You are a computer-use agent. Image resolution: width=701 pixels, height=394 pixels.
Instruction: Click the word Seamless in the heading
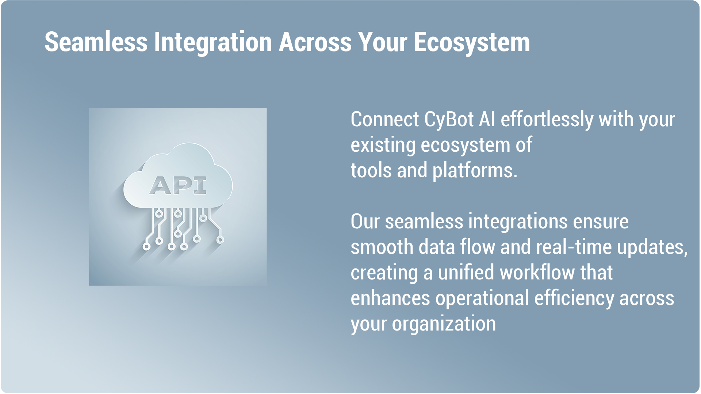(96, 42)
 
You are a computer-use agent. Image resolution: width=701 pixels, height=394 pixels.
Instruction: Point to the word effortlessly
(547, 120)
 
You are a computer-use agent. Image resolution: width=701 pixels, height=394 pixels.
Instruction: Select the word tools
(371, 170)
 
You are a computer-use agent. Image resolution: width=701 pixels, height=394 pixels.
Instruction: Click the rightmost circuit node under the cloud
(220, 240)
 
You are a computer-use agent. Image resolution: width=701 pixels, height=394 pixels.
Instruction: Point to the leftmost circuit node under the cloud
(146, 247)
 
